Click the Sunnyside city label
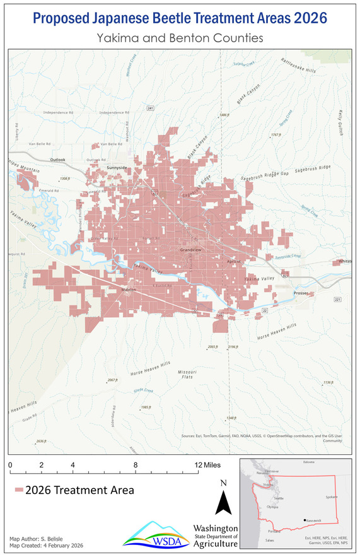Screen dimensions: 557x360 [x=117, y=168]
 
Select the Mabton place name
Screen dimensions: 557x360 [x=128, y=290]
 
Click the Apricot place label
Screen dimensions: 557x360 [x=234, y=261]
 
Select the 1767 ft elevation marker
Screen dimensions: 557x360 [x=275, y=135]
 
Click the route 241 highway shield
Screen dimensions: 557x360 [x=150, y=108]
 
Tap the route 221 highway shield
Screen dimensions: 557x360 [x=337, y=299]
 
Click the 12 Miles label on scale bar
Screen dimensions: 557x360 [x=207, y=465]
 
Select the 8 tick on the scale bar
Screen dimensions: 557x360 [x=136, y=465]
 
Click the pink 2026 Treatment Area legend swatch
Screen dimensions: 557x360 [x=19, y=490]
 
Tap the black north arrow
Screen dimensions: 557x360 [x=224, y=503]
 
